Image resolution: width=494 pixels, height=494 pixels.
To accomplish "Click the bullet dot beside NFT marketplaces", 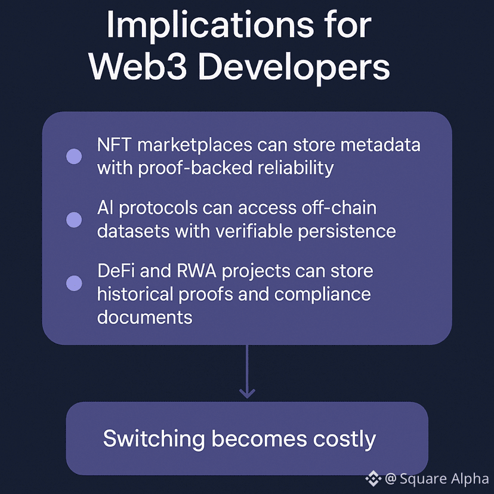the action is coord(74,157).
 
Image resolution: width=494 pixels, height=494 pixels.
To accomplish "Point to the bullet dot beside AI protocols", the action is coord(74,220).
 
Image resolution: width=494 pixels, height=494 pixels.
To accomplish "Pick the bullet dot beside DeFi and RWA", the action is coord(74,283).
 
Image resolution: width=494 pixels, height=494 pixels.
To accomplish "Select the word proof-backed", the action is coord(193,168).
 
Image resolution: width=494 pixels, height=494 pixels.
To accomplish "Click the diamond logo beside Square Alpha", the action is coord(373,478).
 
